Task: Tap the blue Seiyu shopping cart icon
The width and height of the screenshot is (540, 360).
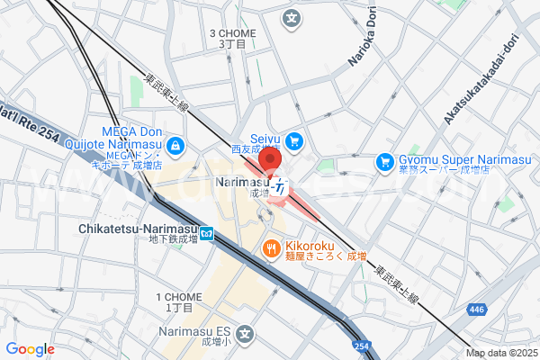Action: point(293,140)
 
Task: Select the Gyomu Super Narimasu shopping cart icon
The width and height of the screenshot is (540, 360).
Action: point(385,162)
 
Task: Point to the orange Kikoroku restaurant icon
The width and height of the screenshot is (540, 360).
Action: point(269,247)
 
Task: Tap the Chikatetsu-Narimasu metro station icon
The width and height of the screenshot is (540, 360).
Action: point(207,235)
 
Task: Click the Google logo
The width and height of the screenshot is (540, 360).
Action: point(30,349)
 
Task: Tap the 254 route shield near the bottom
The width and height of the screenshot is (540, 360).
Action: point(360,346)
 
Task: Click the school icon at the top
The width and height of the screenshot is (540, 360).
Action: point(292,17)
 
